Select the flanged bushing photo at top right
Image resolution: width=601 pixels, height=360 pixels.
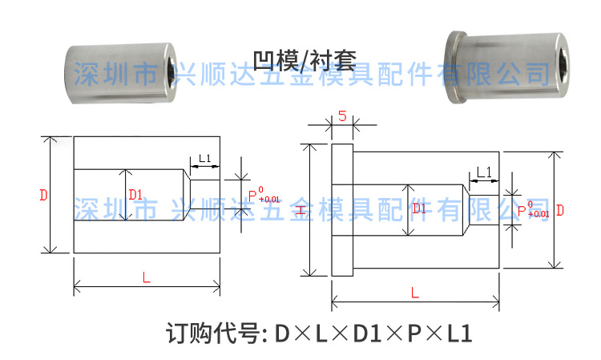point(492,68)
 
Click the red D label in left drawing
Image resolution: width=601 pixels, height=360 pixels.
point(43,195)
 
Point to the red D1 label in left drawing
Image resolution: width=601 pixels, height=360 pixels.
point(135,194)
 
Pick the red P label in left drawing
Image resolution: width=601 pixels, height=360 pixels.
point(252,195)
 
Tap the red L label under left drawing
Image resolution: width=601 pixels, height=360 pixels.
point(146,277)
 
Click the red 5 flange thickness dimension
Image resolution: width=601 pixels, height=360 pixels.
point(342,117)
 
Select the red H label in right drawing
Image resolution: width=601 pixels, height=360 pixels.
point(300,210)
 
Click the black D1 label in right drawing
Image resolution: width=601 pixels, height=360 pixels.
point(418,208)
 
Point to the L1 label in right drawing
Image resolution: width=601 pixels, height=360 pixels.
point(483,172)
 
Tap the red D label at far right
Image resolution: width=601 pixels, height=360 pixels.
point(560,209)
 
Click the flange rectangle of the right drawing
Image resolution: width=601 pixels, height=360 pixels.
point(341,210)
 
